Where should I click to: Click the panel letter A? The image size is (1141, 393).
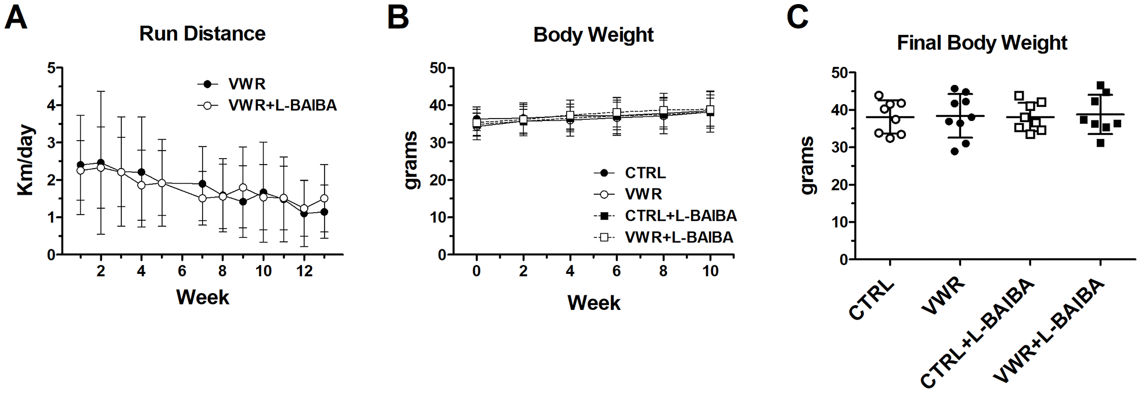point(16,17)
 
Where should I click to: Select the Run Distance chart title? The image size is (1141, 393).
point(202,34)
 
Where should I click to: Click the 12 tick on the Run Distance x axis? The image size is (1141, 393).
point(304,271)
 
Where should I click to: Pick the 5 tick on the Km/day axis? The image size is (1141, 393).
point(51,68)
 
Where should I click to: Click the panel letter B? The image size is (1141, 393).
point(398,17)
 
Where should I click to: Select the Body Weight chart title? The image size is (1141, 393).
point(593,35)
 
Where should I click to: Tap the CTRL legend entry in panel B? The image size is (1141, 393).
point(645,173)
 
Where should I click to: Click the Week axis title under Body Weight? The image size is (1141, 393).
point(593,303)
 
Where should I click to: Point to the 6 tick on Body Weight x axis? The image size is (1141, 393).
point(617,271)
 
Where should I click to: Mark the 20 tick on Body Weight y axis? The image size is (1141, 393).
point(438,180)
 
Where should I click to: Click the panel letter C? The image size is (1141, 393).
point(797,17)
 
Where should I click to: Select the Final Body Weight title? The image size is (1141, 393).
point(982,43)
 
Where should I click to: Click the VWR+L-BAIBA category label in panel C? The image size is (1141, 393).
point(1050,331)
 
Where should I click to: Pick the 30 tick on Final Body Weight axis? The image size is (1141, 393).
point(840,147)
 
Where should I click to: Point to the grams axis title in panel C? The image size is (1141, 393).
point(808,166)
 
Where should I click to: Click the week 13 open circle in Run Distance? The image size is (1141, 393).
point(324,198)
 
